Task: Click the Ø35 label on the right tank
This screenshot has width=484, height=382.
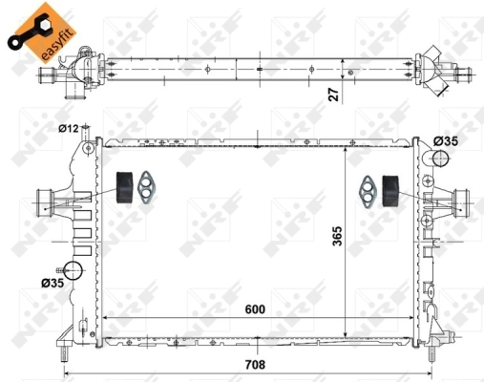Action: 445,141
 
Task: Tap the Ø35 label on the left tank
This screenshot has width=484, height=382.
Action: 53,283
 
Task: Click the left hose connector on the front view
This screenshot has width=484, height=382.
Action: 45,202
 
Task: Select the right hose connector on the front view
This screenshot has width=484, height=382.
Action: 461,202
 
